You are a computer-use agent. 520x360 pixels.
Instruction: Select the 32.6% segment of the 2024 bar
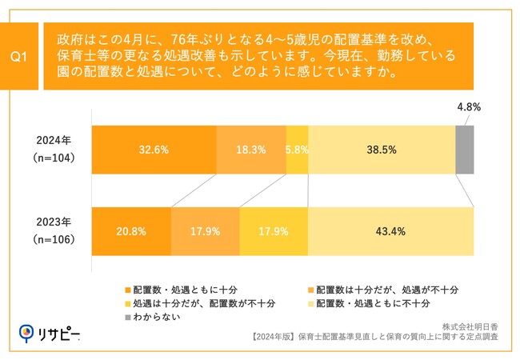pos(154,150)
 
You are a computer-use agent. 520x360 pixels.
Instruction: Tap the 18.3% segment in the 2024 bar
pos(251,150)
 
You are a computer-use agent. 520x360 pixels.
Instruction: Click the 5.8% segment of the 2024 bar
pos(297,150)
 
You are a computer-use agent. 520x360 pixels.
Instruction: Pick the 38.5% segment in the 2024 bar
pos(382,150)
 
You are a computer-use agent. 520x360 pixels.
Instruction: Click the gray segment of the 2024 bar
pos(465,150)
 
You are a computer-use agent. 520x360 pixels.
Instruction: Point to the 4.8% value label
pos(468,106)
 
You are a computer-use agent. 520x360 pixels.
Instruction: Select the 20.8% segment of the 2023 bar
pos(131,231)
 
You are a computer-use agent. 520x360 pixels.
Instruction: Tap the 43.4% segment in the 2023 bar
pos(390,231)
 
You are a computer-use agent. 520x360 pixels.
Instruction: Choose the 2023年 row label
pos(55,222)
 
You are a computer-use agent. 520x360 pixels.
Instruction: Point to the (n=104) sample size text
pos(55,158)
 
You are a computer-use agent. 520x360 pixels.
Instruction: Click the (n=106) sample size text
pos(55,239)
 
